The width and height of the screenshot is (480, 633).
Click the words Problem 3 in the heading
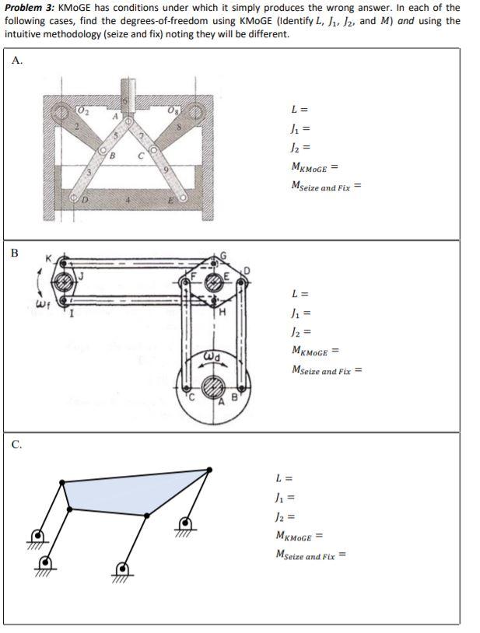tap(29, 8)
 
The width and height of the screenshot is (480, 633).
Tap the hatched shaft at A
tap(215, 387)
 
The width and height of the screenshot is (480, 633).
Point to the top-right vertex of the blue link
tap(208, 470)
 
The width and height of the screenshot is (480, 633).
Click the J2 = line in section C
tap(286, 516)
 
